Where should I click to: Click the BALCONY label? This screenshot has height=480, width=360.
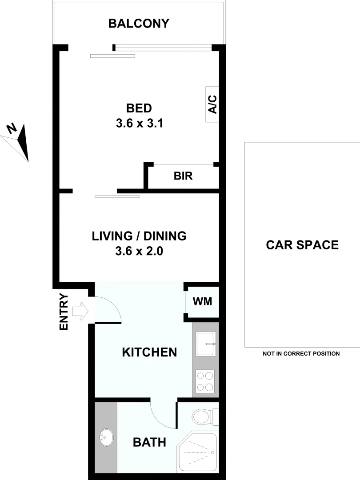pyautogui.click(x=139, y=24)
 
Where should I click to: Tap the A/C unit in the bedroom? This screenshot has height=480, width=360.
pyautogui.click(x=212, y=104)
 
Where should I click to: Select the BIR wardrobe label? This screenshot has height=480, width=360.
pyautogui.click(x=183, y=176)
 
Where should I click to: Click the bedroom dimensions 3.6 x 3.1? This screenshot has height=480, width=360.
pyautogui.click(x=139, y=124)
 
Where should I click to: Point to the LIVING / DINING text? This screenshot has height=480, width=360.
pyautogui.click(x=139, y=236)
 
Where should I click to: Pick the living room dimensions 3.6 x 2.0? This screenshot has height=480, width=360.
pyautogui.click(x=139, y=252)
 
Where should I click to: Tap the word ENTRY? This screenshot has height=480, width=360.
pyautogui.click(x=64, y=312)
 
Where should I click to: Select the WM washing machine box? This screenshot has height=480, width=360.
pyautogui.click(x=202, y=301)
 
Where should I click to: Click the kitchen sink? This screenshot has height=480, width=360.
pyautogui.click(x=205, y=344)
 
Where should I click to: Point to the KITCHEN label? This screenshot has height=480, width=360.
pyautogui.click(x=149, y=352)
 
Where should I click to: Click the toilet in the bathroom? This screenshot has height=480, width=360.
pyautogui.click(x=202, y=417)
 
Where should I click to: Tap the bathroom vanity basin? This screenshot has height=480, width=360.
pyautogui.click(x=106, y=438)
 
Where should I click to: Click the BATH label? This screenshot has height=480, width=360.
pyautogui.click(x=149, y=442)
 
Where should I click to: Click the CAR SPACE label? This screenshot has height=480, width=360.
pyautogui.click(x=302, y=245)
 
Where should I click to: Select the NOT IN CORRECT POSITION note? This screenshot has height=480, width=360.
pyautogui.click(x=301, y=354)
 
